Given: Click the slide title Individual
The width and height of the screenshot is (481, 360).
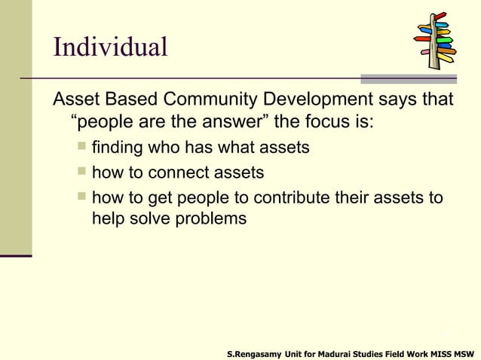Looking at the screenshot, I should coord(110,47).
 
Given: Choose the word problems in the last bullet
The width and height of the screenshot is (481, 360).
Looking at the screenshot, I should coord(210,219).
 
